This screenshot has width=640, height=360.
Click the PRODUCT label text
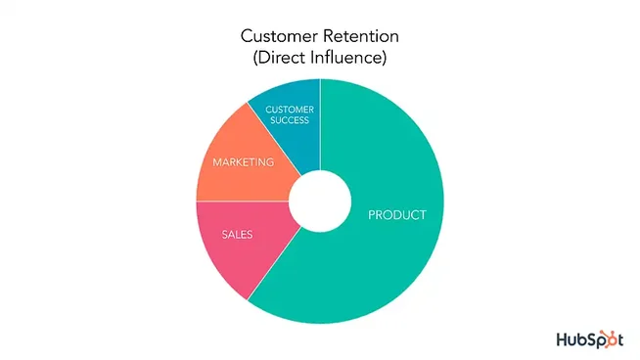click(x=396, y=215)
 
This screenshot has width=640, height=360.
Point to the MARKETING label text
click(x=243, y=161)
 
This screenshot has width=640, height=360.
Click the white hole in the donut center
click(x=320, y=202)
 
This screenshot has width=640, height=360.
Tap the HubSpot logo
click(x=589, y=339)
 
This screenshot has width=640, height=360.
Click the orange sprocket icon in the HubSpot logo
click(x=612, y=339)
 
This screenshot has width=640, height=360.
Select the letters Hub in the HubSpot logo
click(x=570, y=339)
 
